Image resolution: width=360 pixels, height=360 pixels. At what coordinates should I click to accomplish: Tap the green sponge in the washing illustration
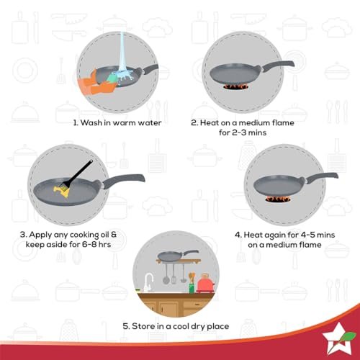[112, 77]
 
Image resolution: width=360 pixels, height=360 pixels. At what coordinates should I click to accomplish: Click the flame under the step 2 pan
[235, 87]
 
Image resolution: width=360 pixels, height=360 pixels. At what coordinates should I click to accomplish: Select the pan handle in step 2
[279, 66]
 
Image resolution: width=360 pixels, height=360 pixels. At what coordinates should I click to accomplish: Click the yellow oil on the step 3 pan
[62, 192]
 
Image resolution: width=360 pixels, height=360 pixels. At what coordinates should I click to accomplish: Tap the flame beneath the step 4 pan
[278, 199]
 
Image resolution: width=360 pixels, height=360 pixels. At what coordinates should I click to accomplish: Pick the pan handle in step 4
[322, 177]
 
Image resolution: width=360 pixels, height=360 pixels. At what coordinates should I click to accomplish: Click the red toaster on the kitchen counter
[205, 284]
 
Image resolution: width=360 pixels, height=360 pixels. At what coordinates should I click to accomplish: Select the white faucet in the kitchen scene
[148, 282]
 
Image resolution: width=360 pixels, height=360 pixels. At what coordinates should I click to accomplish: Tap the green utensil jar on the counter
[192, 288]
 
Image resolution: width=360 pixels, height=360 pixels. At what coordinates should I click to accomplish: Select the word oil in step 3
[105, 235]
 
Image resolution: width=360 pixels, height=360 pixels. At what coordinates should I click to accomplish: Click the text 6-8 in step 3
[89, 245]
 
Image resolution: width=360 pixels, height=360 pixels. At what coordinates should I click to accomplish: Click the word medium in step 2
[254, 123]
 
